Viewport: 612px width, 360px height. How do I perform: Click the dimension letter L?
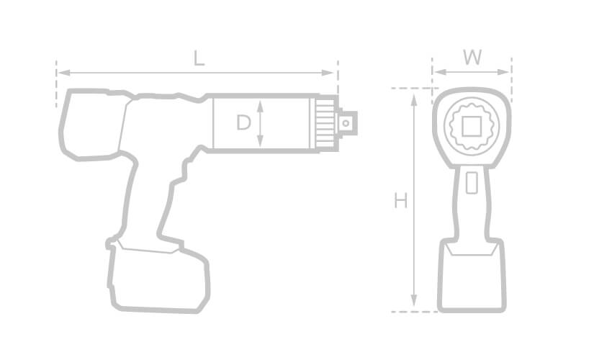point(199,58)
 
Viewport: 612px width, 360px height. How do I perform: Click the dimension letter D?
point(243,122)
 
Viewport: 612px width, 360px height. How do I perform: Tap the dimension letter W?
point(472,58)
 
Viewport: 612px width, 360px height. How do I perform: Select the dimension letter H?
point(401,201)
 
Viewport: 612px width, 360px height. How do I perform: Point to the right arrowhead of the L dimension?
point(328,73)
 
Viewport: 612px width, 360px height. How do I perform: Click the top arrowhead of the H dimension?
point(414,100)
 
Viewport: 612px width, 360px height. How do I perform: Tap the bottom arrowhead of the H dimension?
point(414,300)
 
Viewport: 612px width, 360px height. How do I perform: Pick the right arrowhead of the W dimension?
point(503,72)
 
